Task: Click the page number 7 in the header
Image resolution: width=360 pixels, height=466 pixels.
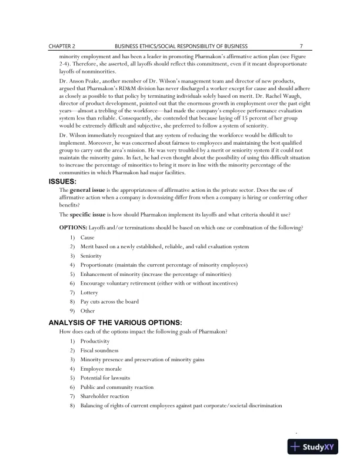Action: pyautogui.click(x=301, y=45)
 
